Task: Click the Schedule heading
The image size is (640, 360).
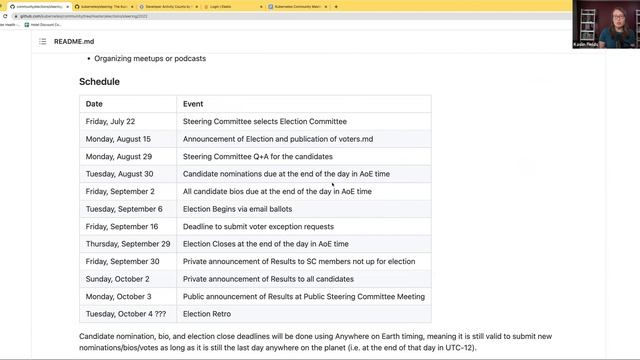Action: click(99, 81)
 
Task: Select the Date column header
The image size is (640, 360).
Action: click(94, 104)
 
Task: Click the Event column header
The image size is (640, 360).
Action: click(193, 104)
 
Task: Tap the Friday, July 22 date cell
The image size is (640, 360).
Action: click(110, 121)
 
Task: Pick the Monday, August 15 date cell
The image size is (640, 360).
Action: click(118, 139)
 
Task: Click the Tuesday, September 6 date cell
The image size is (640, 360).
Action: click(124, 208)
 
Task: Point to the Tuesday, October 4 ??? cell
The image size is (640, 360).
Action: click(125, 313)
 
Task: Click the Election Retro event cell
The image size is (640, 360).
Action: click(206, 313)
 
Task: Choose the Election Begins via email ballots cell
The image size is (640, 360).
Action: click(250, 208)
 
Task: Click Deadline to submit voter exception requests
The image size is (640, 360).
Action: click(258, 226)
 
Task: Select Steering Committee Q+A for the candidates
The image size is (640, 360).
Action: click(257, 156)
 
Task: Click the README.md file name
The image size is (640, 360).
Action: click(74, 41)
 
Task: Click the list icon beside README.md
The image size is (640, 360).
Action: click(43, 41)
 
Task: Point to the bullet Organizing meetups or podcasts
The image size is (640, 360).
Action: click(150, 58)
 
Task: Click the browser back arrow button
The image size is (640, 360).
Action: click(5, 16)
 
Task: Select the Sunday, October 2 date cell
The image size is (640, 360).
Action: click(118, 278)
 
